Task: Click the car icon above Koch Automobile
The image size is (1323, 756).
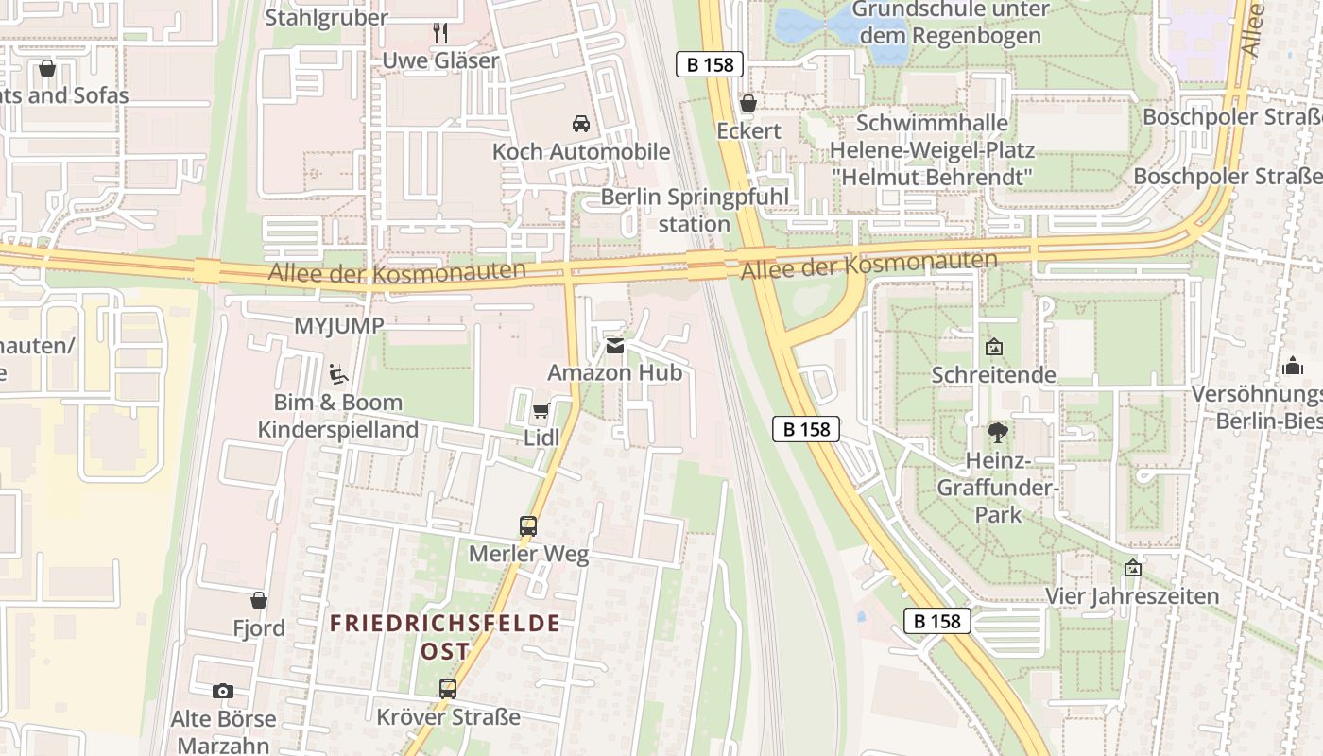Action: pyautogui.click(x=580, y=124)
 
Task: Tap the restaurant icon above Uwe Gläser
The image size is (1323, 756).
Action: pyautogui.click(x=440, y=33)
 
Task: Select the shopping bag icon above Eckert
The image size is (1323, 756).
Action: pyautogui.click(x=748, y=103)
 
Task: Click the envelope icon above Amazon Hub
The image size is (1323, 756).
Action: pyautogui.click(x=615, y=346)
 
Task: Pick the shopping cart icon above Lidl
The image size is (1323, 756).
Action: pyautogui.click(x=541, y=411)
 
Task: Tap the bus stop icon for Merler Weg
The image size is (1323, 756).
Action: pyautogui.click(x=528, y=526)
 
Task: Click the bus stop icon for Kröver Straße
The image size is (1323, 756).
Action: pyautogui.click(x=448, y=689)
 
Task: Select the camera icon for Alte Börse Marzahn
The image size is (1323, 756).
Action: pyautogui.click(x=223, y=692)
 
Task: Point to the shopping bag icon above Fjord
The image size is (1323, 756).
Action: pyautogui.click(x=259, y=600)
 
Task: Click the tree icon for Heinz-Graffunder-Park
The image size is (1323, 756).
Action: pyautogui.click(x=996, y=434)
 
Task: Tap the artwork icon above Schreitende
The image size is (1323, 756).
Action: pyautogui.click(x=994, y=348)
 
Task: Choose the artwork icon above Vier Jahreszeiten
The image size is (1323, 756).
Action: pyautogui.click(x=1132, y=569)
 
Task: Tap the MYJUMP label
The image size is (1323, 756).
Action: pyautogui.click(x=339, y=326)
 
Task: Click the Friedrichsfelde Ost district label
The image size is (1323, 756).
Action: pyautogui.click(x=445, y=637)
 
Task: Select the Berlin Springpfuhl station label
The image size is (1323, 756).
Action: pyautogui.click(x=695, y=211)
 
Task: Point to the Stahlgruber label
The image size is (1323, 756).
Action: pyautogui.click(x=326, y=17)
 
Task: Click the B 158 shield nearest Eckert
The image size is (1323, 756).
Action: pyautogui.click(x=711, y=64)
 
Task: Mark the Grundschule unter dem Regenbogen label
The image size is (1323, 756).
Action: pyautogui.click(x=951, y=23)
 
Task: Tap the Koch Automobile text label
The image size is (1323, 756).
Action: pyautogui.click(x=581, y=151)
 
